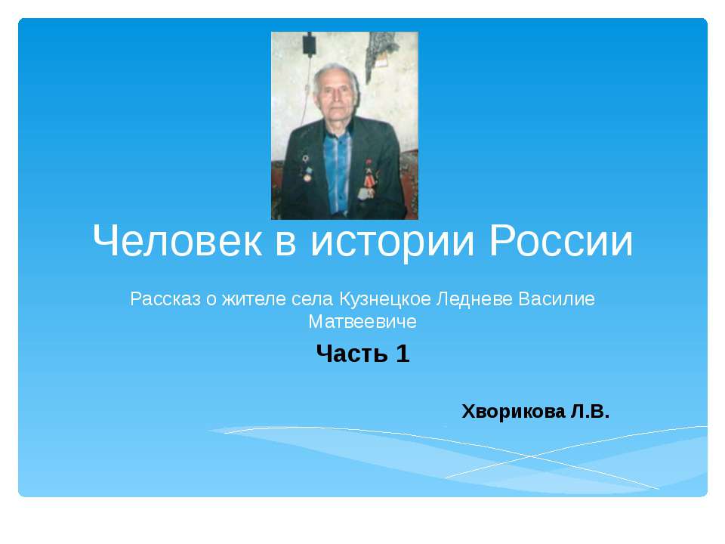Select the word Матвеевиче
(362, 322)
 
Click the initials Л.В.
(589, 412)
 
